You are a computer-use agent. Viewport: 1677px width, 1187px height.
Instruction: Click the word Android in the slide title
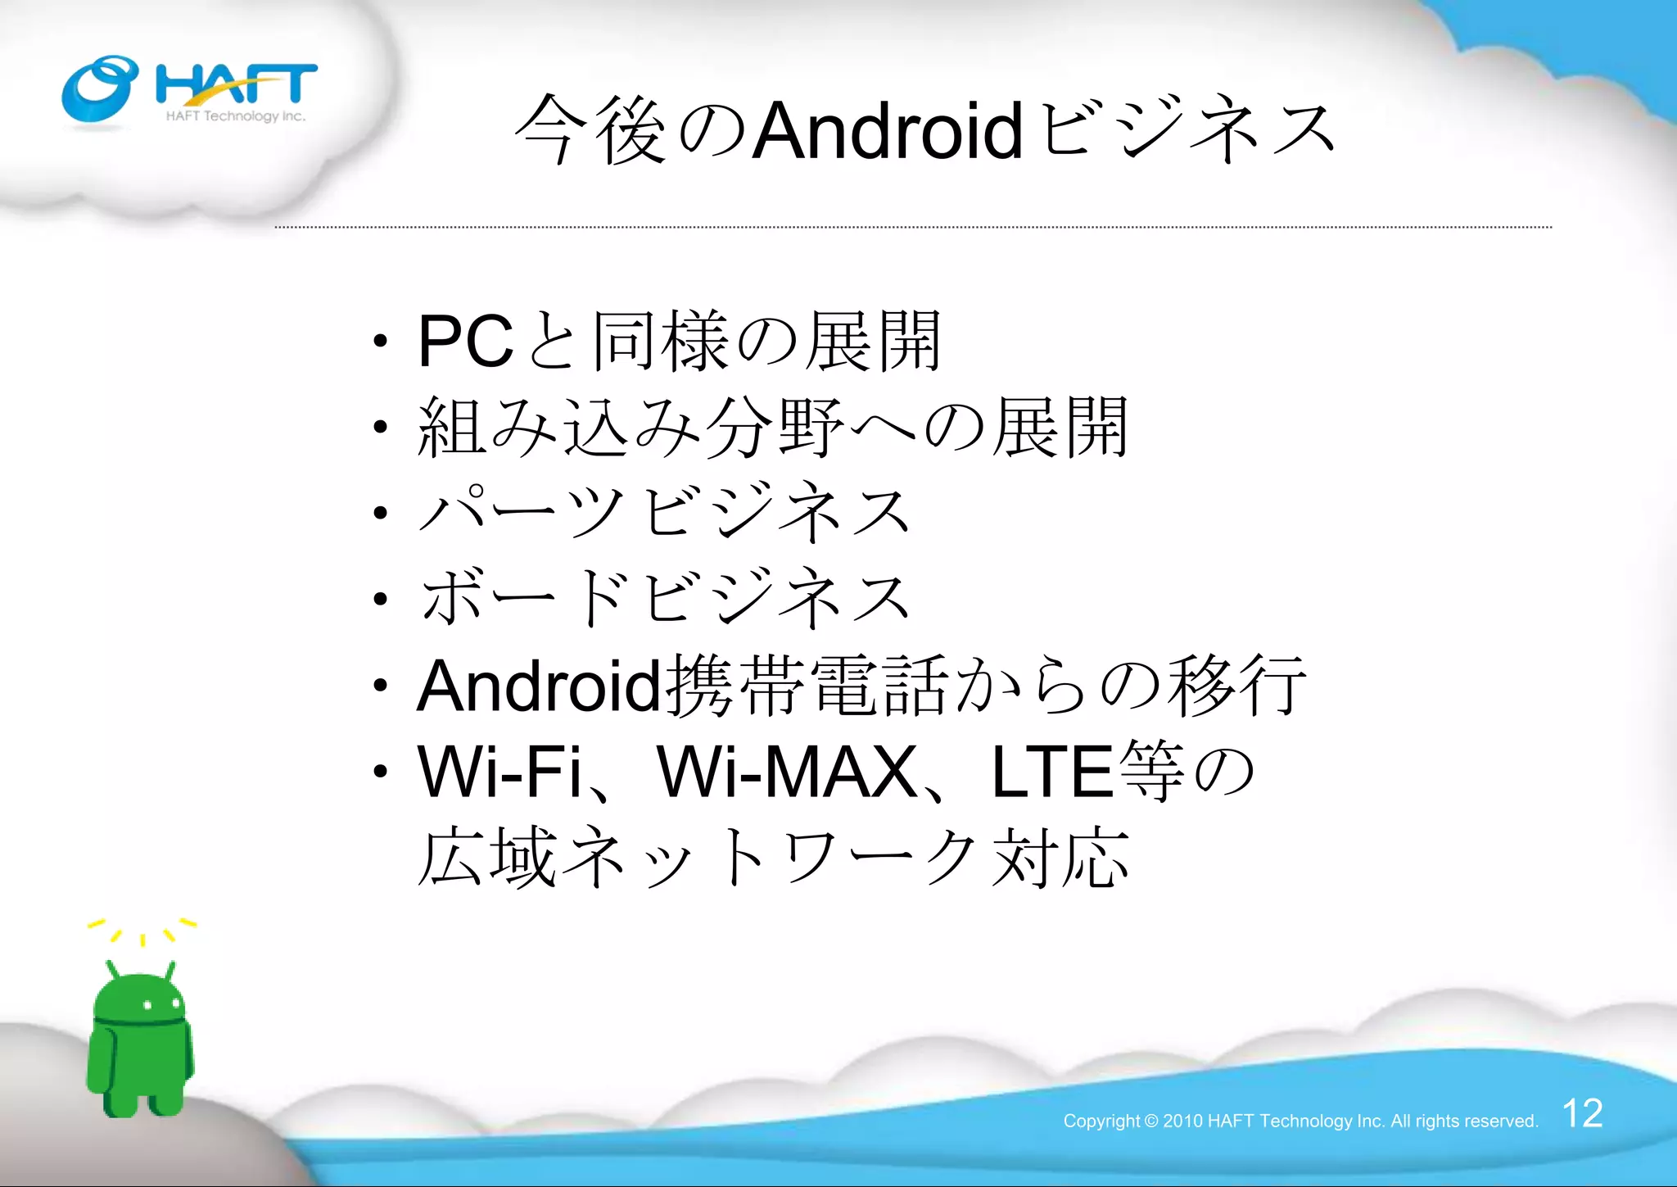point(888,131)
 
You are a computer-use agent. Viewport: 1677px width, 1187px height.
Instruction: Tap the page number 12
point(1582,1113)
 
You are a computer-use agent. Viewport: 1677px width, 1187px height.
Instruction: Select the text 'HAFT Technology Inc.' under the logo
point(236,116)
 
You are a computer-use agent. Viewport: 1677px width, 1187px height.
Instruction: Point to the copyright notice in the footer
point(1300,1121)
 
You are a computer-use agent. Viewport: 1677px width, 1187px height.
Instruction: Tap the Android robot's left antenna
point(113,969)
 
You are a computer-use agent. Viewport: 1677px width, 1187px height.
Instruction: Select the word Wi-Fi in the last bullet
point(499,772)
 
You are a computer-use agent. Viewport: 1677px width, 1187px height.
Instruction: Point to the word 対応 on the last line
point(1060,859)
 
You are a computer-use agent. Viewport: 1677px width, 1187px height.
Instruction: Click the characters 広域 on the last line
point(487,859)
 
